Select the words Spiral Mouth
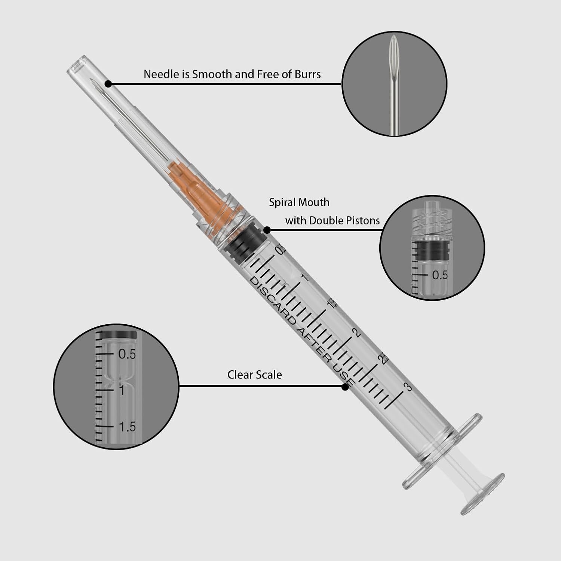click(299, 202)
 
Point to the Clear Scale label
click(254, 375)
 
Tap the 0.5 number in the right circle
click(440, 275)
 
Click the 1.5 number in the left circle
click(127, 427)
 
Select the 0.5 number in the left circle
click(127, 354)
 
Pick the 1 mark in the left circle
click(122, 390)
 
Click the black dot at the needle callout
click(108, 84)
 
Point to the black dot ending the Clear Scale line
click(345, 387)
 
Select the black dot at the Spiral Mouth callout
click(267, 230)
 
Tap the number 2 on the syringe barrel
click(357, 332)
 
